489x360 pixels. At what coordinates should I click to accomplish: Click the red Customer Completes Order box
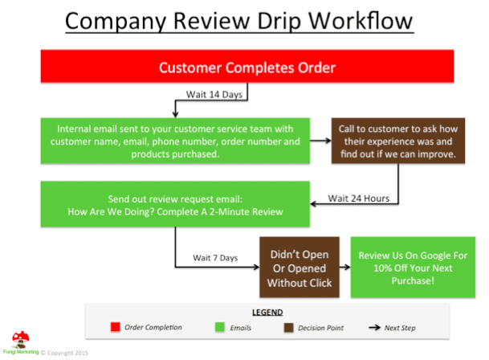[x=247, y=66]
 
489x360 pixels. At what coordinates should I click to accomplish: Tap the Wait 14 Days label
[x=214, y=94]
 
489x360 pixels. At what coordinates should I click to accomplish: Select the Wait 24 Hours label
[x=359, y=198]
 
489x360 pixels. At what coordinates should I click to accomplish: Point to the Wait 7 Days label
[x=215, y=258]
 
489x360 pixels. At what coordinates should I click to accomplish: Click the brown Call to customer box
[x=398, y=141]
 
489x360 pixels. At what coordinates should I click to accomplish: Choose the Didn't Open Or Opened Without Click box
[x=300, y=268]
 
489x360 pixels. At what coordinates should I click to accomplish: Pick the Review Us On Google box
[x=413, y=268]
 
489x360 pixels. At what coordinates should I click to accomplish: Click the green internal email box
[x=175, y=141]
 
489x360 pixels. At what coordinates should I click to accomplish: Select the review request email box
[x=175, y=204]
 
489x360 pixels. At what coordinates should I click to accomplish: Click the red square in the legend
[x=116, y=327]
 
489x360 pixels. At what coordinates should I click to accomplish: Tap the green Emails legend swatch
[x=220, y=327]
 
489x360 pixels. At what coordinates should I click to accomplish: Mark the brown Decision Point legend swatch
[x=289, y=328]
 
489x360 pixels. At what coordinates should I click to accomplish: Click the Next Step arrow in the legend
[x=374, y=328]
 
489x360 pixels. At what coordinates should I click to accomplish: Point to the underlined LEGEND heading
[x=267, y=313]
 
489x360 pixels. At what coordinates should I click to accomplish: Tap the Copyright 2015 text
[x=64, y=353]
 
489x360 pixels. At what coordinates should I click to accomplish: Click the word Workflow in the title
[x=361, y=21]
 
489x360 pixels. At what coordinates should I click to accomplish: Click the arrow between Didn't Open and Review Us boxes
[x=345, y=267]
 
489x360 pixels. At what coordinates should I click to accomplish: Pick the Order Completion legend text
[x=153, y=327]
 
